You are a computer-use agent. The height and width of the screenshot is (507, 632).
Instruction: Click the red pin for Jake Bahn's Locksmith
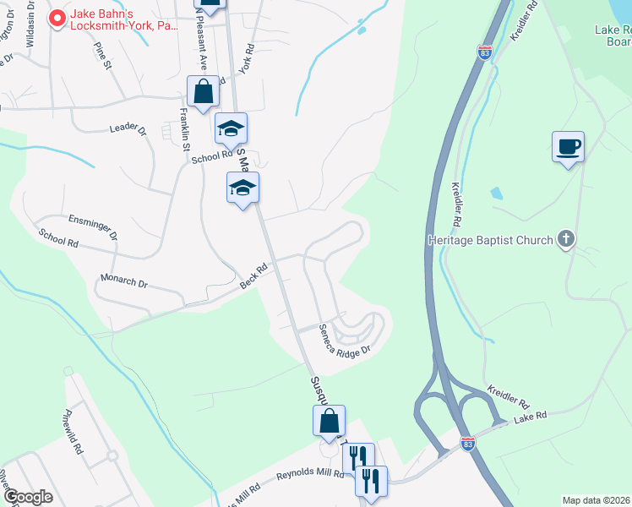pyautogui.click(x=58, y=17)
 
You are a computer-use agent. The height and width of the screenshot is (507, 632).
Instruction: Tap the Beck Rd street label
pyautogui.click(x=253, y=275)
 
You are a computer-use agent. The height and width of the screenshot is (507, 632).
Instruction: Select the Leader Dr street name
pyautogui.click(x=128, y=130)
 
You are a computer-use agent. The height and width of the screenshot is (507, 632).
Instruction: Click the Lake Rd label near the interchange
pyautogui.click(x=531, y=416)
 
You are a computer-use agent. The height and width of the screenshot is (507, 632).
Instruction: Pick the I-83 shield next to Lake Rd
pyautogui.click(x=468, y=443)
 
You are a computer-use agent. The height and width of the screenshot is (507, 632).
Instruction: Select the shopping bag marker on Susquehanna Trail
pyautogui.click(x=329, y=422)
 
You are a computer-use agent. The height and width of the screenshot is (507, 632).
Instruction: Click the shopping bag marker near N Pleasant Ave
pyautogui.click(x=203, y=92)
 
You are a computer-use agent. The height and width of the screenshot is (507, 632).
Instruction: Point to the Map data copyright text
pyautogui.click(x=597, y=500)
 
